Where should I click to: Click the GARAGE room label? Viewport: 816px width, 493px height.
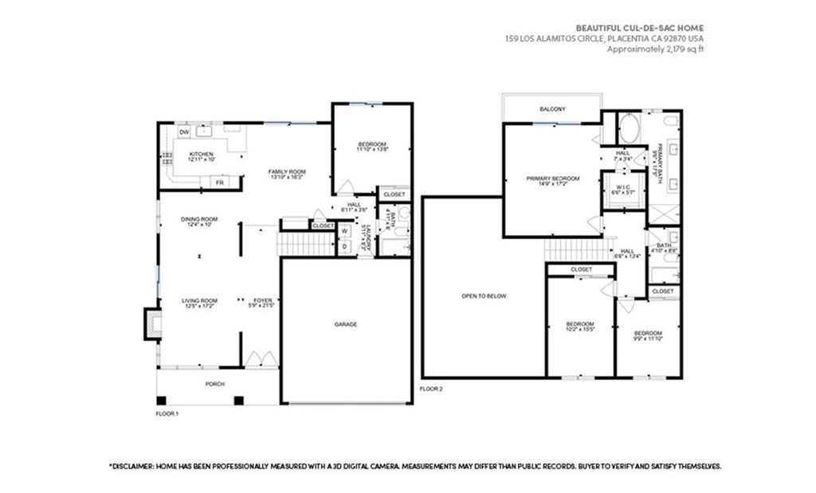345,324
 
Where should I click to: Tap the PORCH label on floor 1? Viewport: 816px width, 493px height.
214,384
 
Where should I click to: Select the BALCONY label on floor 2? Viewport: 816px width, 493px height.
551,109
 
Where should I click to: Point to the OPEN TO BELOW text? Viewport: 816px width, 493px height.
484,295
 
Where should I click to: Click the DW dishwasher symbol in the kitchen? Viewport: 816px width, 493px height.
183,132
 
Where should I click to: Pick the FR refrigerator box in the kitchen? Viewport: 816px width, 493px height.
218,182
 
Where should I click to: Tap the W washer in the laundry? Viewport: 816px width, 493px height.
344,232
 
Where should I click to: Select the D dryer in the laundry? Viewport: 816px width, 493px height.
344,247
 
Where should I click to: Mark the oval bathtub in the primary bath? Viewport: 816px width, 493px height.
629,127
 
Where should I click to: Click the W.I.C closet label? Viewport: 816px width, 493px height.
622,190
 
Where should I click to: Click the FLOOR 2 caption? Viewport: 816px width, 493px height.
430,389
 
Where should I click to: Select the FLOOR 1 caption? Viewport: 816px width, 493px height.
167,414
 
